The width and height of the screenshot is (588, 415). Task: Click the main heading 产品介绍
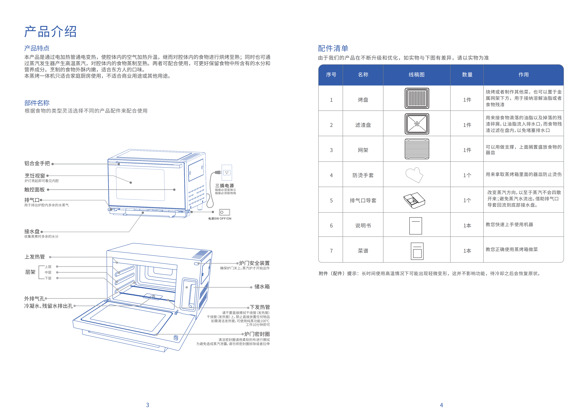tap(50, 32)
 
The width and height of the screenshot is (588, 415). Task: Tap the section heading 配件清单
tap(333, 48)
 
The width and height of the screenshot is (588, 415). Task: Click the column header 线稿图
tap(416, 75)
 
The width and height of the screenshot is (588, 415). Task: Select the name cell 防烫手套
tap(363, 175)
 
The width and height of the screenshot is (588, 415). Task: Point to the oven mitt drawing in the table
tap(414, 175)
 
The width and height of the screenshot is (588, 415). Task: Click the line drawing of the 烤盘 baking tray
tap(417, 98)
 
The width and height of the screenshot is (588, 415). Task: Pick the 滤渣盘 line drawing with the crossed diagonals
tap(417, 124)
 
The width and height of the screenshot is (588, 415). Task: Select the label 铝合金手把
tap(37, 163)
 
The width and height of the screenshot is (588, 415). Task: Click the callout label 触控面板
tap(35, 190)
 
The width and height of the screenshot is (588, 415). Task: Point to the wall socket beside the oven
tap(227, 173)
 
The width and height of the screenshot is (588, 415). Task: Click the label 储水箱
tap(262, 287)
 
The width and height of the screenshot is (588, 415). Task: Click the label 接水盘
tap(32, 231)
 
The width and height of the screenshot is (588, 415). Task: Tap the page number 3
tap(147, 405)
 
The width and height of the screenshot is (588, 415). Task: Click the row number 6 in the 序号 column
tap(331, 226)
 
